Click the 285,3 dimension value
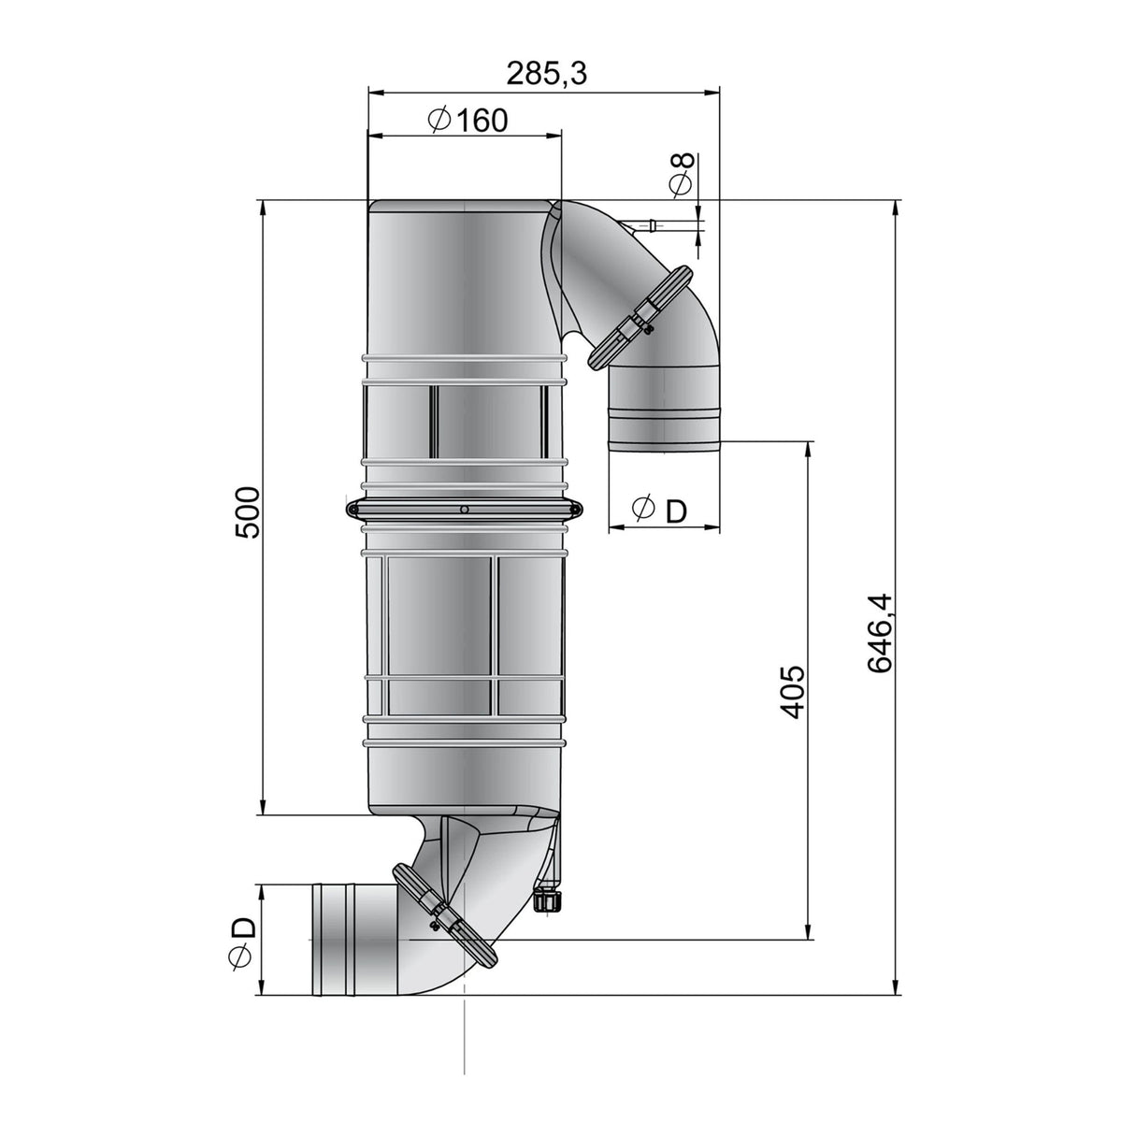coord(546,73)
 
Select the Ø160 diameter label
coord(467,120)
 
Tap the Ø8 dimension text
coord(683,175)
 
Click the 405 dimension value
coord(793,692)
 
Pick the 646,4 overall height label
coord(880,634)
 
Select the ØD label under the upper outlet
coord(659,510)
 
